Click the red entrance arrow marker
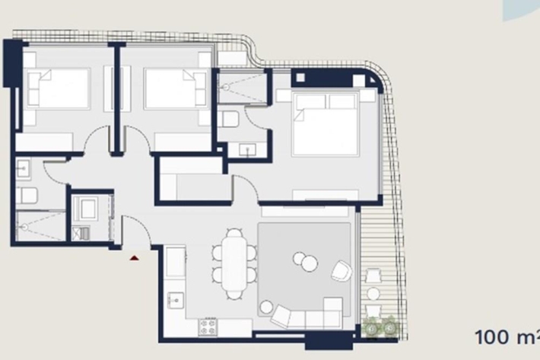[x=135, y=257]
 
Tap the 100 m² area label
[x=507, y=337]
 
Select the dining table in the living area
[x=234, y=264]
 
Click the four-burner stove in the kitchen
[x=208, y=327]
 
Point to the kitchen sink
[x=175, y=301]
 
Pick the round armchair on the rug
[x=341, y=270]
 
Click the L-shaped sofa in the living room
[x=307, y=314]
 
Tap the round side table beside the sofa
[x=266, y=307]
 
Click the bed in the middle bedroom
[x=176, y=88]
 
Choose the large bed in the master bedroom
[x=325, y=124]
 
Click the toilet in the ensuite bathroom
[x=228, y=119]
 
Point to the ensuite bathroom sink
[x=248, y=149]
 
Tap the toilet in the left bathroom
[x=26, y=196]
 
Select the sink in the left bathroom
[x=24, y=169]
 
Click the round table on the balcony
[x=373, y=294]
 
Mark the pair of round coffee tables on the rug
[x=306, y=262]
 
